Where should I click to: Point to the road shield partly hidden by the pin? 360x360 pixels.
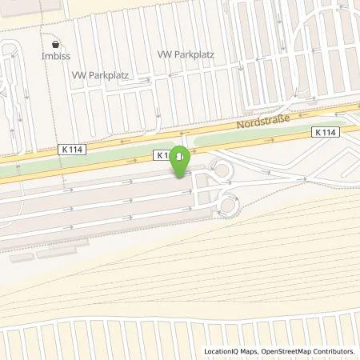tap(163, 154)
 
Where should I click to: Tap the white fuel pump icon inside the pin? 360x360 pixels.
tap(182, 155)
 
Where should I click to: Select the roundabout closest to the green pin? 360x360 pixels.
tap(218, 170)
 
